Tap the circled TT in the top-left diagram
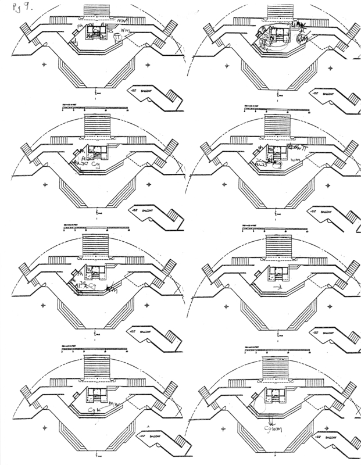118,36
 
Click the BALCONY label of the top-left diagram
145,91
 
